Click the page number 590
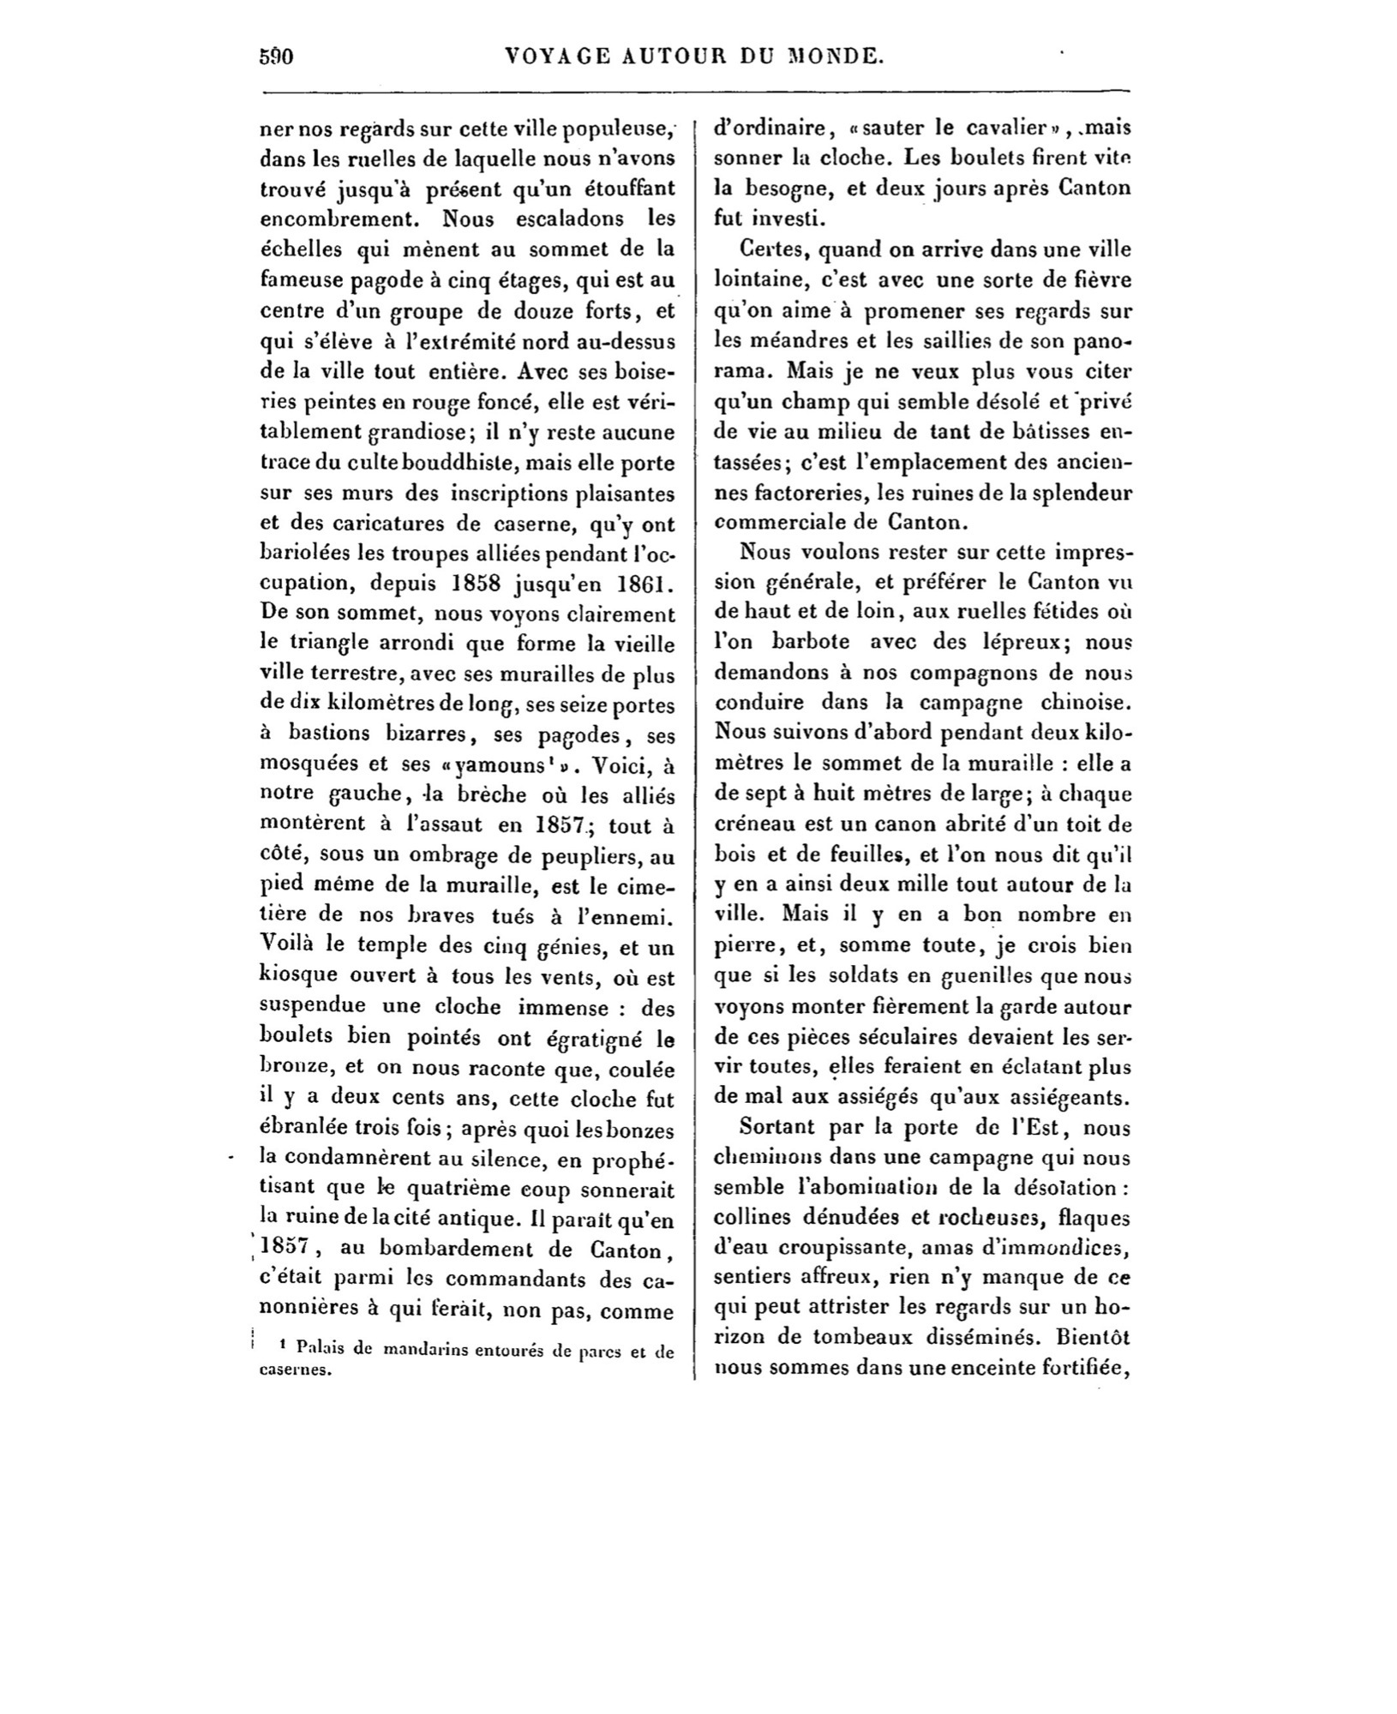coord(276,57)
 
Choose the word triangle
coord(326,645)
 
